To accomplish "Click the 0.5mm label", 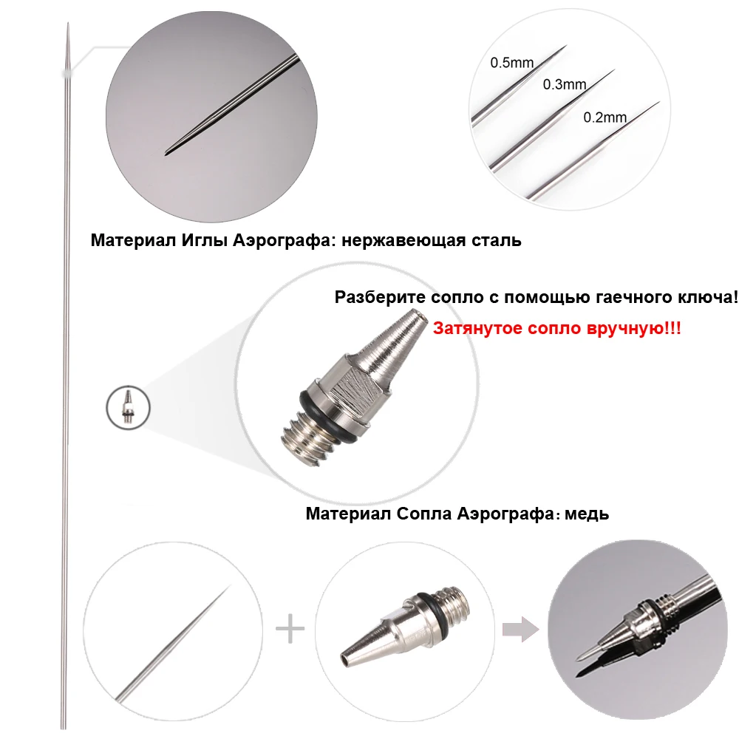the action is [512, 63].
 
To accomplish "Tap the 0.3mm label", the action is [565, 84].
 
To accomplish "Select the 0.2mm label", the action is [605, 118].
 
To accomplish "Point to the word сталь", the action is [497, 241].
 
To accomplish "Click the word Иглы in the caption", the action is [205, 240].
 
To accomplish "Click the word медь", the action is [587, 514].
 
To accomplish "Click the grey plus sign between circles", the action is [290, 629].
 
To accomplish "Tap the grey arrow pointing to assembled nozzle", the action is [520, 629].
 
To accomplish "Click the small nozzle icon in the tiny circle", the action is [127, 406].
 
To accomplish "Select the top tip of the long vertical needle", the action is [68, 23].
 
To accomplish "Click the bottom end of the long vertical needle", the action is [63, 728].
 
